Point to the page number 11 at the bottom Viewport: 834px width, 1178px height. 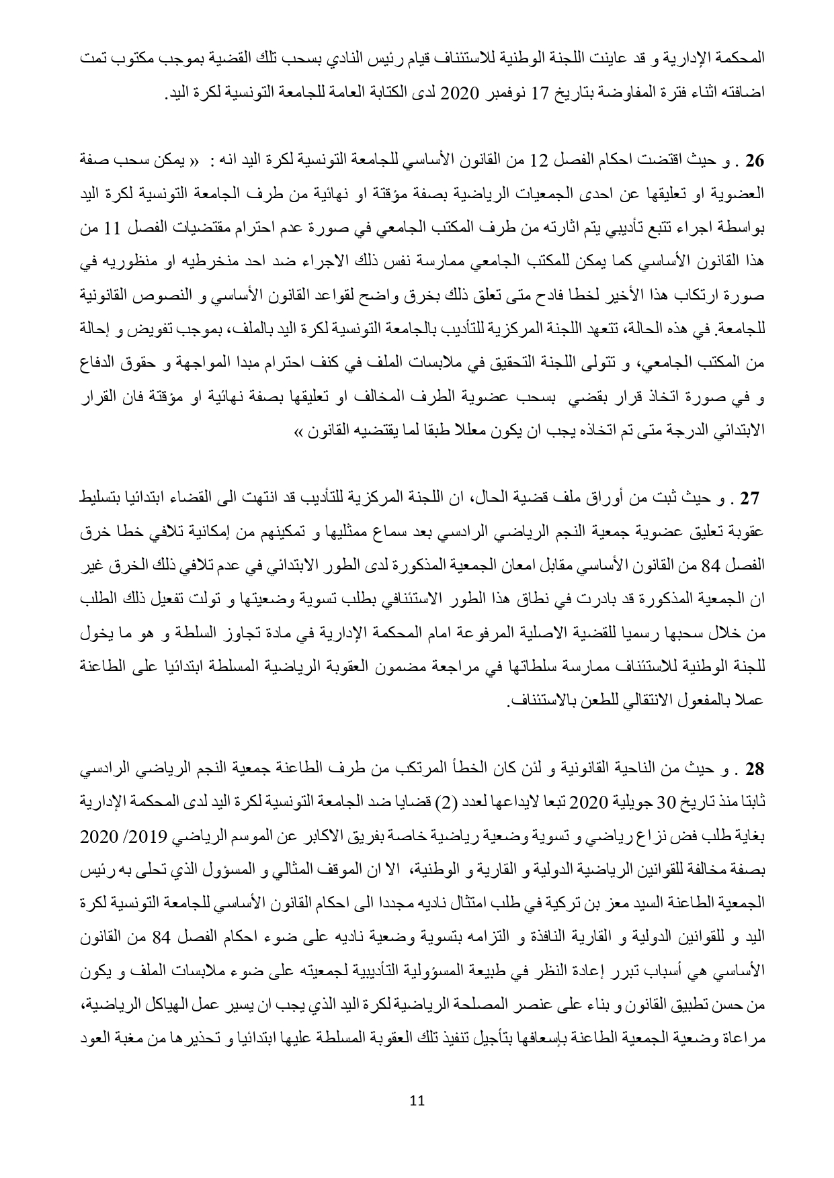click(417, 1100)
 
